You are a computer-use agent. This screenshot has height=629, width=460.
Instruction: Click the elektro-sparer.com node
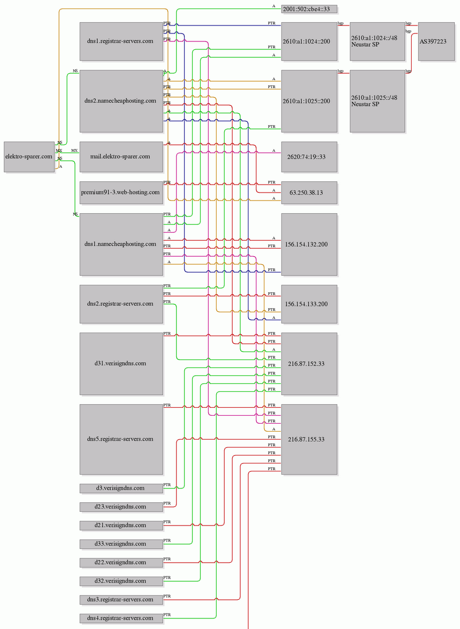point(29,157)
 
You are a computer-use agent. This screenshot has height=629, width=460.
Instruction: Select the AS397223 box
point(436,41)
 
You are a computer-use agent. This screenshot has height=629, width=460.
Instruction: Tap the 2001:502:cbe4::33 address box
point(309,9)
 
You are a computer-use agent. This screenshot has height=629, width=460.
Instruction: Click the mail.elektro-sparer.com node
point(121,157)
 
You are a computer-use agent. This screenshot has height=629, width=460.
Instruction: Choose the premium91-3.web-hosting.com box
point(121,193)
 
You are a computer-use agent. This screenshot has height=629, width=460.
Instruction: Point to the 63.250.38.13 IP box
point(309,193)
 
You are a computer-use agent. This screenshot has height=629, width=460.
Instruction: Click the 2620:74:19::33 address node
point(309,157)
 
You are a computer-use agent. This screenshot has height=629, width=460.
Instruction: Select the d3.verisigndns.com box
point(121,488)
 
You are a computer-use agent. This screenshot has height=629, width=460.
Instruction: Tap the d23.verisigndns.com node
point(121,506)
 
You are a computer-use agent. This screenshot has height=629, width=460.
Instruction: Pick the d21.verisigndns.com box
point(121,525)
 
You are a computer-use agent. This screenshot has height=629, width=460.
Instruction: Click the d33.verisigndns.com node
point(121,544)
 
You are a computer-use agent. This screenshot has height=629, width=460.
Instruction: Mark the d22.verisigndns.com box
point(121,562)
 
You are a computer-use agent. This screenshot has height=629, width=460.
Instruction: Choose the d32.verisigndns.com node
point(121,581)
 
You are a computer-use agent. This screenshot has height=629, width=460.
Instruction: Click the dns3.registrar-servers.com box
point(121,600)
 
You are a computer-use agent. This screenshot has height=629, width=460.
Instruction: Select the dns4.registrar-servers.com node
point(121,618)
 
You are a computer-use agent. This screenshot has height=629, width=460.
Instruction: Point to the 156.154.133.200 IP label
point(306,304)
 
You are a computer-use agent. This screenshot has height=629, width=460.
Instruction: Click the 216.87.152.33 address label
point(306,364)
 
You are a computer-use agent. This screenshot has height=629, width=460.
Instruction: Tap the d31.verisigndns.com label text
point(120,363)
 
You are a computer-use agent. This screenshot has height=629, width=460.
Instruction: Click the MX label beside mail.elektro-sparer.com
point(75,151)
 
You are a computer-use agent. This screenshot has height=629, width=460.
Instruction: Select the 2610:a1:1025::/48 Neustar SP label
point(374,101)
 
